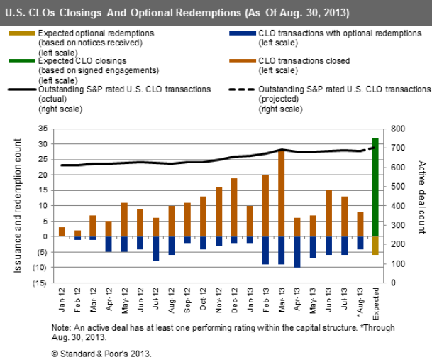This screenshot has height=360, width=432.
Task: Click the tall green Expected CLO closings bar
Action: pos(375,186)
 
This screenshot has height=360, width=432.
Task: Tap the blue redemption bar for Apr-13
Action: pos(297,251)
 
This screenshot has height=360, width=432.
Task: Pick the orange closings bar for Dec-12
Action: pos(235,207)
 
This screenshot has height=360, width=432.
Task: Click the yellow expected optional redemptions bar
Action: pos(375,245)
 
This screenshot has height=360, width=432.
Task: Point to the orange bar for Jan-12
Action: pos(62,231)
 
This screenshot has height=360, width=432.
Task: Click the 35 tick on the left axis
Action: pos(43,129)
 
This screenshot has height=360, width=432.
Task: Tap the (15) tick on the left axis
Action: pos(42,283)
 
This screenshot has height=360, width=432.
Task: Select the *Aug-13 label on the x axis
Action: pos(359,303)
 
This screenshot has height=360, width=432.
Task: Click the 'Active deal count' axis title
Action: pos(421,205)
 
